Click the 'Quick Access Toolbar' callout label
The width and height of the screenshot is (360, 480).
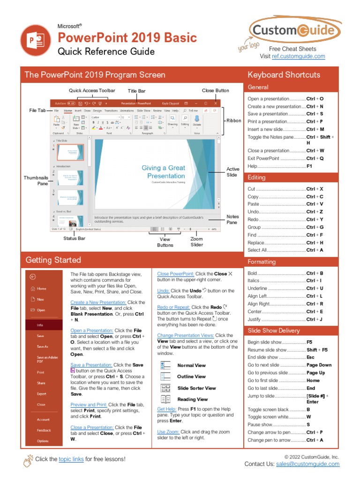coord(92,90)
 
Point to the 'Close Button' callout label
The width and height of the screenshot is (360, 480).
coord(216,90)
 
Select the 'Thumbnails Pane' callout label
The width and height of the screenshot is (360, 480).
coord(36,180)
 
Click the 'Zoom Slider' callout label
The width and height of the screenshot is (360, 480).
coord(197,242)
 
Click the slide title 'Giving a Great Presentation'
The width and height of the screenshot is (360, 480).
coord(164,172)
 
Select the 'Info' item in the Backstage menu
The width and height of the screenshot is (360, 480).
coord(40,324)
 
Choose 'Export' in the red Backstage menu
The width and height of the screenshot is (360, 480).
coord(42,394)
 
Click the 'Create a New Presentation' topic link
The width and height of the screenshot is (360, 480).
coord(98,302)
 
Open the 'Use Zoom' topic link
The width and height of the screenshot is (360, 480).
coord(168,432)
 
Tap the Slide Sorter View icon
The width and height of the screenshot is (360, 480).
coord(166,388)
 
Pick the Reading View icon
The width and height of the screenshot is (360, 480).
coord(166,399)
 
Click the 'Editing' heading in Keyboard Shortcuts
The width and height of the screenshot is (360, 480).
coord(256,178)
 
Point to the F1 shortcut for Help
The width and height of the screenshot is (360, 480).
coord(309,166)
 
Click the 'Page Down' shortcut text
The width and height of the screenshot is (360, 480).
coord(319,365)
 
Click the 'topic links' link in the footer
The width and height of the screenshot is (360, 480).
coord(71,459)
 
